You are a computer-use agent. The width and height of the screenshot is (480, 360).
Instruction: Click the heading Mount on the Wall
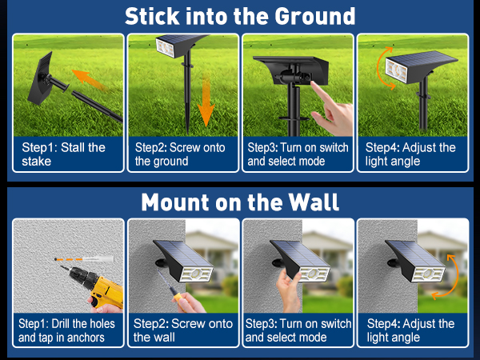(x=240, y=202)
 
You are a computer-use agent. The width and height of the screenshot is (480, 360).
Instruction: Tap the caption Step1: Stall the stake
(x=64, y=154)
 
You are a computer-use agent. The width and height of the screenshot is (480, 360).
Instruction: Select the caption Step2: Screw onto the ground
(x=180, y=154)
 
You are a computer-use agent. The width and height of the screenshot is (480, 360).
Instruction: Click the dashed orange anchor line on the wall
(x=72, y=260)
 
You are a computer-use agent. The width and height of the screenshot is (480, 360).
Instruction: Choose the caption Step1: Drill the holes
(x=67, y=330)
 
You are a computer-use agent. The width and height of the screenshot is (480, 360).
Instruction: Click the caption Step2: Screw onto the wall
(x=182, y=330)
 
